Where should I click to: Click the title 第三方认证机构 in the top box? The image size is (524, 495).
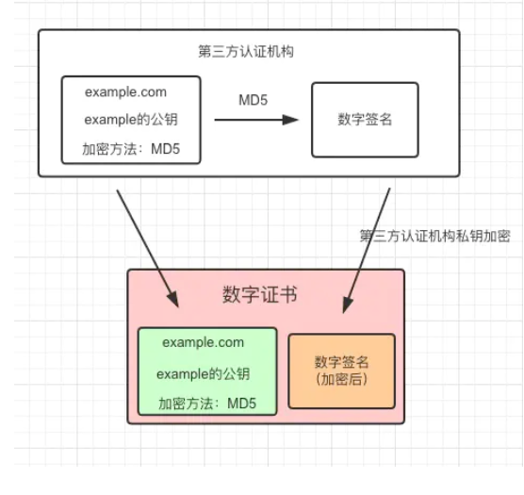[246, 52]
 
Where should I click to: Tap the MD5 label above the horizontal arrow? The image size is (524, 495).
[253, 100]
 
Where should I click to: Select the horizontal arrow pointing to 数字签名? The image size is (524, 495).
[256, 120]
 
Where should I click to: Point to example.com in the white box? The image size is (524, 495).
[125, 91]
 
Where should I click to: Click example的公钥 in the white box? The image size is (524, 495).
[131, 120]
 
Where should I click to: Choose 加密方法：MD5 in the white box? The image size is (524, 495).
[131, 149]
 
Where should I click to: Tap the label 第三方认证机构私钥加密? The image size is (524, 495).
[434, 236]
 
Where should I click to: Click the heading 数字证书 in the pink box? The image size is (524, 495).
[260, 294]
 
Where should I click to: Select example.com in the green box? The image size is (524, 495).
[204, 342]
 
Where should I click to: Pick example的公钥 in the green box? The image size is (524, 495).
[204, 373]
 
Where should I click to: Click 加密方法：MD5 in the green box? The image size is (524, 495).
[207, 404]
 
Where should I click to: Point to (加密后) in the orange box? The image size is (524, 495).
[341, 379]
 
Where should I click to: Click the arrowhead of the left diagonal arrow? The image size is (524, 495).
[173, 299]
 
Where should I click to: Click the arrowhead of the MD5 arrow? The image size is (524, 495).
[290, 120]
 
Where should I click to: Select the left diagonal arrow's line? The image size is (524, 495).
[148, 249]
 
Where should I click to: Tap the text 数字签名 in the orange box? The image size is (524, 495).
[341, 362]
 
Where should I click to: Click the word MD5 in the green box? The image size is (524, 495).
[241, 404]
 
